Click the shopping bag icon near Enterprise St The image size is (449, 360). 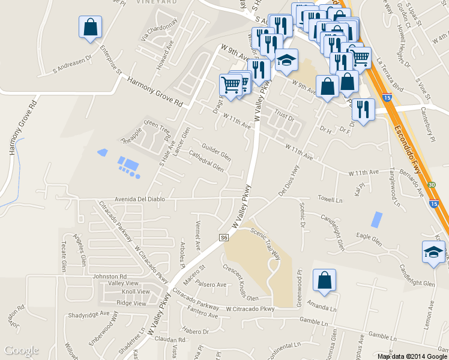90,27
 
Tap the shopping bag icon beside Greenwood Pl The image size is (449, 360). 324,280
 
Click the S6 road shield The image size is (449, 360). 224,238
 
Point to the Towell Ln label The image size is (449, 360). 330,198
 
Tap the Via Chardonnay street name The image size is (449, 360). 159,31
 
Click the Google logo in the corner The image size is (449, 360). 22,350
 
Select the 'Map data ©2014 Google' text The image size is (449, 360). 411,356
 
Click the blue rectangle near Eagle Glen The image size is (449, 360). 376,220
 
